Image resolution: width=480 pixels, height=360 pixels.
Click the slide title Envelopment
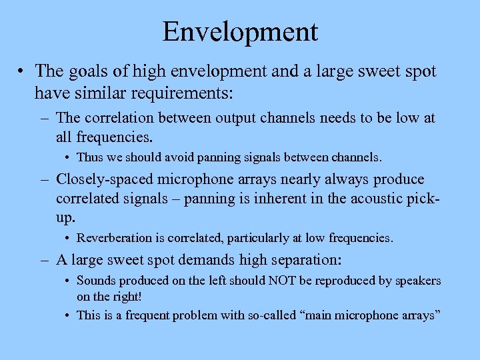point(240,31)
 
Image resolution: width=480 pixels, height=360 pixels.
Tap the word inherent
point(265,199)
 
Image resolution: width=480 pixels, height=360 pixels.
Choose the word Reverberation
point(115,237)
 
